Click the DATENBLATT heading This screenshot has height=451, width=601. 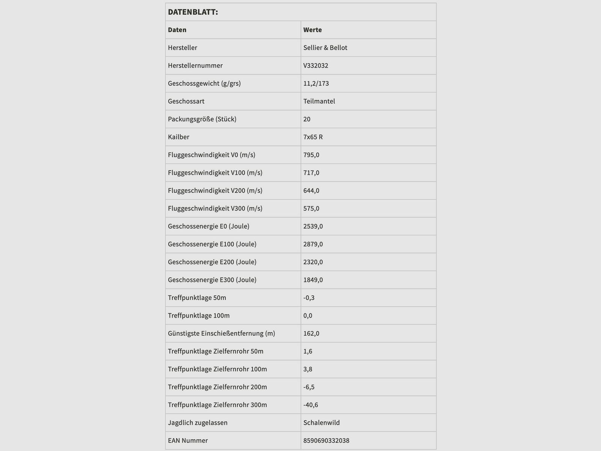(193, 12)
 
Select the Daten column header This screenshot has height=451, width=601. (177, 30)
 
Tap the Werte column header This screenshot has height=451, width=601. (313, 30)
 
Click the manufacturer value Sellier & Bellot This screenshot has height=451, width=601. (325, 48)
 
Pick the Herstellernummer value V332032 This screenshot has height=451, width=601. (316, 65)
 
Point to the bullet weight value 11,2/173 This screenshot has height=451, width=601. (316, 83)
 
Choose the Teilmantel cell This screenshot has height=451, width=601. (319, 101)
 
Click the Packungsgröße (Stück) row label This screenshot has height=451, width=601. (202, 119)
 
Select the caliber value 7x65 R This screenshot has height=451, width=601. (313, 137)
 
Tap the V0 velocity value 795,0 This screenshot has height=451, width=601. (311, 155)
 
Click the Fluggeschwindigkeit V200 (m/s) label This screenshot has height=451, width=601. (215, 191)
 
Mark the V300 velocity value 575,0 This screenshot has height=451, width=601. (311, 208)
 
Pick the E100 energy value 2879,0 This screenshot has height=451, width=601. (313, 244)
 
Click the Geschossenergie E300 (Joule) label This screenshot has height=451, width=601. (212, 280)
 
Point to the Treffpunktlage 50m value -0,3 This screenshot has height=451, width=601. (309, 298)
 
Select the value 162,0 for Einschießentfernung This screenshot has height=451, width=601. (311, 333)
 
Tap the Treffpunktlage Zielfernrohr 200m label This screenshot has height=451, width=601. (217, 387)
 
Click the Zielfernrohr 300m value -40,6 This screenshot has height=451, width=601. (311, 405)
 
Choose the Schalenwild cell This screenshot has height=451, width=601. (321, 422)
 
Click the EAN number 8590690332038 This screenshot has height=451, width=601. (326, 440)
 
